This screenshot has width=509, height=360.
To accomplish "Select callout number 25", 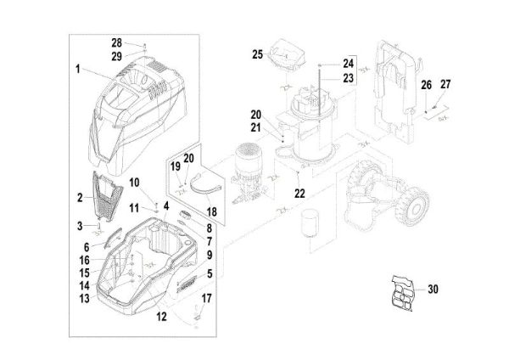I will tap(258, 54).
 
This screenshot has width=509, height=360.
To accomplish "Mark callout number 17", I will tap(208, 299).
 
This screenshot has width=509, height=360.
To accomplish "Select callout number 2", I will tap(79, 198).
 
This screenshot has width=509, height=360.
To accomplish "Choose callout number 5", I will tap(209, 275).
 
